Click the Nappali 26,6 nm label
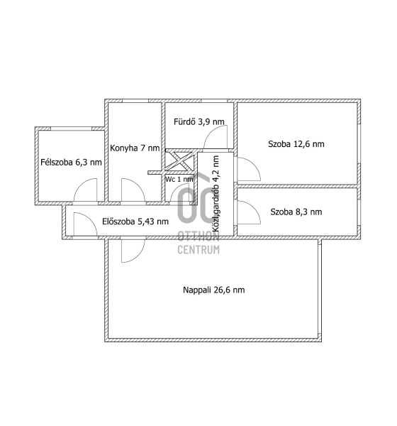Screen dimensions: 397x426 tap(214, 290)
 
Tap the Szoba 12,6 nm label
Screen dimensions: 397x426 tap(296, 144)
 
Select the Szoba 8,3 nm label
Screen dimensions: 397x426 tap(296, 212)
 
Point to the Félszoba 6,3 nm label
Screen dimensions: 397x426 tap(71, 163)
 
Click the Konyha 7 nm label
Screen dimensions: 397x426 tap(135, 148)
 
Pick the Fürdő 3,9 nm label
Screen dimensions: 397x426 tap(199, 121)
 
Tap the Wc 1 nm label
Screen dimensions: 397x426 tap(179, 180)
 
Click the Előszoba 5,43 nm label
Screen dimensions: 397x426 tap(135, 222)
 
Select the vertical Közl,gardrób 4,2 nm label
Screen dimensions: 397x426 tap(216, 194)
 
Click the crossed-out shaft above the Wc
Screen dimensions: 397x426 tap(179, 161)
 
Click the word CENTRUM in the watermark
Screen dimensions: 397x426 tap(198, 250)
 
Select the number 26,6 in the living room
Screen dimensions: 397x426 tap(222, 290)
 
